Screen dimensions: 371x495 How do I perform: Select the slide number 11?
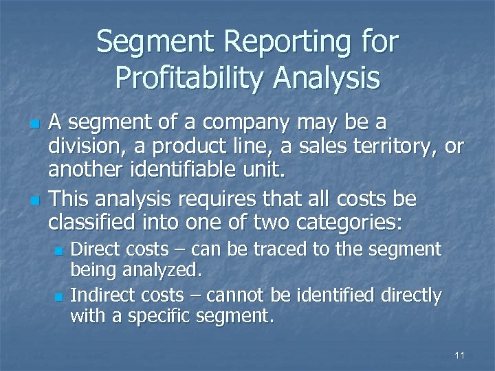(x=460, y=355)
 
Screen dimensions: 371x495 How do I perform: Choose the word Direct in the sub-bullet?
(x=96, y=248)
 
